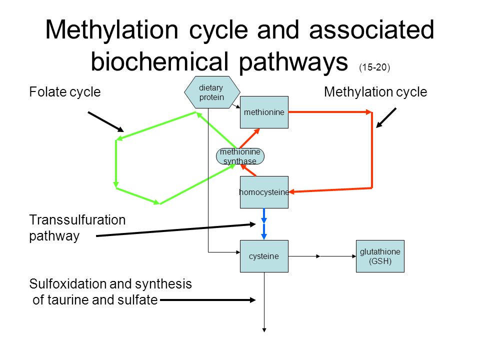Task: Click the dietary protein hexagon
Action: (x=212, y=92)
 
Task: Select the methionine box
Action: (x=264, y=112)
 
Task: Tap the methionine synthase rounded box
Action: (x=240, y=156)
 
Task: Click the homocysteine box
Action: (x=264, y=192)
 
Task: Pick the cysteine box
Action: (x=264, y=256)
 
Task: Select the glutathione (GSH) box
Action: (x=380, y=256)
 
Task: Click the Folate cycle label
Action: (x=65, y=92)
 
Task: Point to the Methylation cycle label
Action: (x=375, y=92)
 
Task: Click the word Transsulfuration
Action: (x=77, y=220)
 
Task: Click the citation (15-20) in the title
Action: (x=374, y=67)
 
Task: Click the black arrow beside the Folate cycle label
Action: (x=106, y=122)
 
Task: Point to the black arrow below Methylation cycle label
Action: (x=386, y=118)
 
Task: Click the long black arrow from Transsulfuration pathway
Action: (x=176, y=230)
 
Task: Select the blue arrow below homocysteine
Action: (x=264, y=224)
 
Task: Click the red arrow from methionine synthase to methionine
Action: (x=249, y=138)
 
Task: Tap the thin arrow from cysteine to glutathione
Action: (x=322, y=256)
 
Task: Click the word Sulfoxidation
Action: (x=80, y=284)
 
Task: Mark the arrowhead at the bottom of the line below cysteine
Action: (x=264, y=330)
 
